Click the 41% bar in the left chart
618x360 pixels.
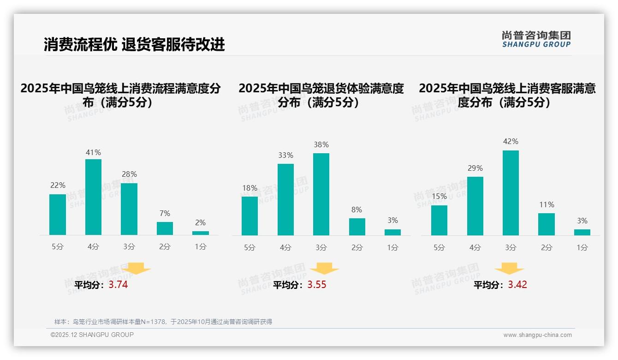coord(93,197)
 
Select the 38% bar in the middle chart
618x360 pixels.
coord(321,194)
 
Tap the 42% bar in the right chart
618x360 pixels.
coord(511,193)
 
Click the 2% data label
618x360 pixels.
coord(200,222)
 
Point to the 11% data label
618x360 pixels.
coord(547,204)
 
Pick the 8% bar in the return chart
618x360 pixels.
coord(357,227)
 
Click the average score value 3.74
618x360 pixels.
coord(118,285)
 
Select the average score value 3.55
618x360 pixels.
coord(317,285)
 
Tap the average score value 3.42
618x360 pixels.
coord(517,285)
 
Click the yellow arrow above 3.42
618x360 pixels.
coord(509,269)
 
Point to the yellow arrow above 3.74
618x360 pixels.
coord(136,268)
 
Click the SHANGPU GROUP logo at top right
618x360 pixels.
coord(536,39)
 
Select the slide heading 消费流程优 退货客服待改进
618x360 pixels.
coord(134,44)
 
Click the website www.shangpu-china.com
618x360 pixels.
coord(537,335)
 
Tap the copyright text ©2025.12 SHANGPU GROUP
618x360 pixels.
coord(92,335)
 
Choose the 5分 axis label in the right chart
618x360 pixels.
coord(439,247)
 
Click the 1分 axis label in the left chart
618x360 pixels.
coord(200,247)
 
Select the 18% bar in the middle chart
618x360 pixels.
coord(250,216)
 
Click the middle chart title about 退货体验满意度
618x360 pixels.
coord(321,95)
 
